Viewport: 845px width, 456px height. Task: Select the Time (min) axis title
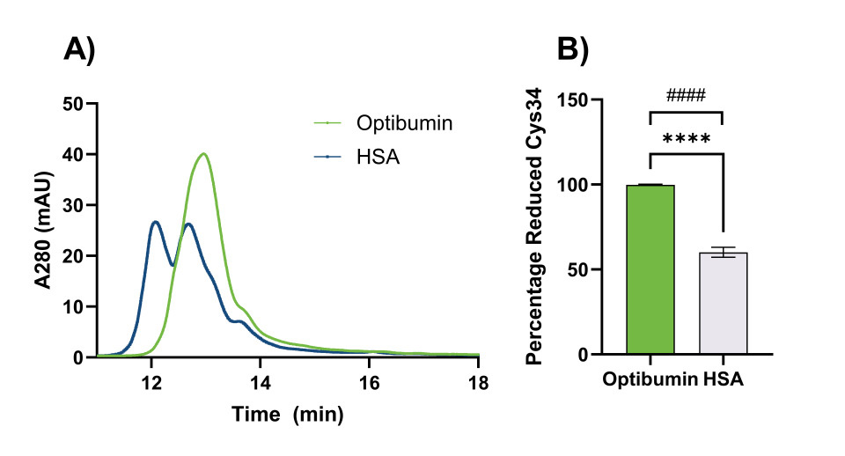(287, 413)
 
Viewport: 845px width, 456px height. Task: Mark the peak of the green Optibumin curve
(204, 154)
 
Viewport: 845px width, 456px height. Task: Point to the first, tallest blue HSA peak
(155, 222)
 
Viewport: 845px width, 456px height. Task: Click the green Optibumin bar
(650, 269)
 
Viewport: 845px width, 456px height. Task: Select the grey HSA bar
(723, 304)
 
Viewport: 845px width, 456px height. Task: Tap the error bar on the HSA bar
(723, 253)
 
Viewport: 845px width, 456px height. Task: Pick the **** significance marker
(687, 139)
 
